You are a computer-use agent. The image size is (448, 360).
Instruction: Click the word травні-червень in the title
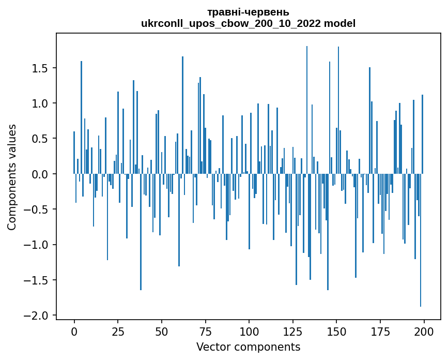[248, 12]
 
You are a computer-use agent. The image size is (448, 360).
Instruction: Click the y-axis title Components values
[11, 177]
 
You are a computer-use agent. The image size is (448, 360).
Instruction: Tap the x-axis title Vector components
[248, 347]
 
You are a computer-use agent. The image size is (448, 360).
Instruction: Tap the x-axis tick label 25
[118, 331]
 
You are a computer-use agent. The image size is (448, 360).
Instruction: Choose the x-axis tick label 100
[249, 331]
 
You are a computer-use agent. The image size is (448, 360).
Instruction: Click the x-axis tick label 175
[380, 331]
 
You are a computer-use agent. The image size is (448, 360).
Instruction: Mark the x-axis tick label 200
[424, 331]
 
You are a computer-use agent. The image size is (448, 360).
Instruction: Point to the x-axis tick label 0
[74, 331]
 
